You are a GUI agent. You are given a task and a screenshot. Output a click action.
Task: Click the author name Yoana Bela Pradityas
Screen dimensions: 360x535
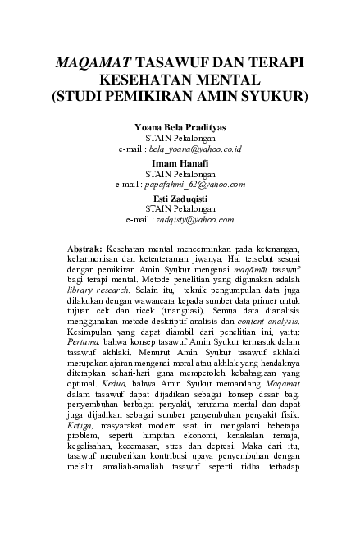180,129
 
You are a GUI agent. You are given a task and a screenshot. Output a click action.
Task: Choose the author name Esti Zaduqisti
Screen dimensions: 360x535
180,200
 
